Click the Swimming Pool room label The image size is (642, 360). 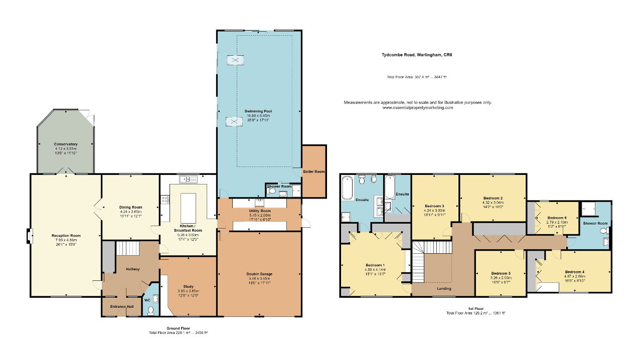coord(258,111)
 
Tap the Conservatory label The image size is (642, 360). coord(66,144)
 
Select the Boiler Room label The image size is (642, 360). coord(314,171)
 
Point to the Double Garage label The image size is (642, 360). coord(259,274)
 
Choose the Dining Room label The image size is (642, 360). coord(130,207)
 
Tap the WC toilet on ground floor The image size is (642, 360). coord(151,310)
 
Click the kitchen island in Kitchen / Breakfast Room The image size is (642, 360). coord(189,209)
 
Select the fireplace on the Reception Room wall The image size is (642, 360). coord(30,235)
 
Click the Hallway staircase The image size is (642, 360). coord(127,248)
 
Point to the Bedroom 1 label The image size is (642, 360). coord(375,265)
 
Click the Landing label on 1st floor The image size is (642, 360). coord(444,288)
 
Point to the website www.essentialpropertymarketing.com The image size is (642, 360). coord(417,107)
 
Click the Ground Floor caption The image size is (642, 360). coord(178,328)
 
